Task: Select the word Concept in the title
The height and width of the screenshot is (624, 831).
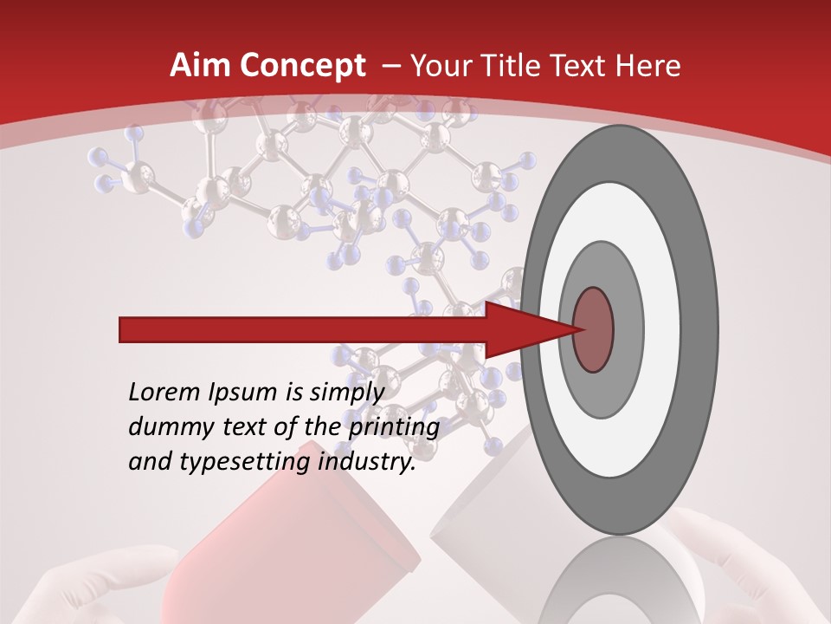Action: tap(302, 66)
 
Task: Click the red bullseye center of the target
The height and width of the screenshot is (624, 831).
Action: tap(593, 329)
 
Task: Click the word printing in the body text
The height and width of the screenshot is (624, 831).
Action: tap(393, 427)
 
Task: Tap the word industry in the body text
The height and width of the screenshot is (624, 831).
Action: tap(367, 462)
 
